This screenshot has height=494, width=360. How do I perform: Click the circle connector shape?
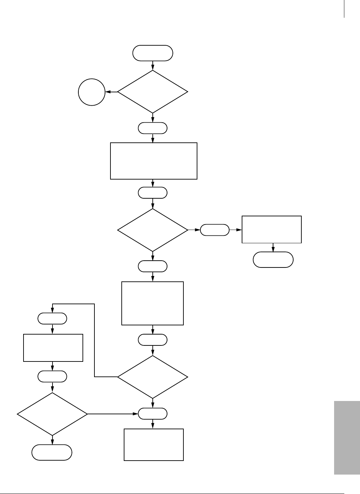click(92, 92)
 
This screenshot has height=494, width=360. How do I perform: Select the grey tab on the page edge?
click(347, 437)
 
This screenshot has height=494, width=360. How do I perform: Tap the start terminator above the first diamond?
click(153, 53)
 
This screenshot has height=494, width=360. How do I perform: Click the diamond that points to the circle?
click(153, 92)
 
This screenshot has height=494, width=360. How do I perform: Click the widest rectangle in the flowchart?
click(154, 161)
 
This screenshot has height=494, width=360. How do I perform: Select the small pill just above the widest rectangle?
click(153, 128)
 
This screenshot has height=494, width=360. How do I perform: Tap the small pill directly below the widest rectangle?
click(153, 193)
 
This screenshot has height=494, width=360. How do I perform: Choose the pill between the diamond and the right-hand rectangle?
click(214, 230)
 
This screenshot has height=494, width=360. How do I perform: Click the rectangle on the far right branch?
click(271, 229)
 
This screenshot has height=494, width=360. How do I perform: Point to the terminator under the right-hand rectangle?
click(273, 260)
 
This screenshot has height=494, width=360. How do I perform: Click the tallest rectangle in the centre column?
click(153, 303)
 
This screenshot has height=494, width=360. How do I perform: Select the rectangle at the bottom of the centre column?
click(154, 445)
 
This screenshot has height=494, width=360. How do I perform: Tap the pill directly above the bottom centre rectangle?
click(153, 414)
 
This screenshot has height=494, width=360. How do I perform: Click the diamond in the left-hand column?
click(52, 414)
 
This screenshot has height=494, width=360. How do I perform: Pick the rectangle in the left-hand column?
click(53, 348)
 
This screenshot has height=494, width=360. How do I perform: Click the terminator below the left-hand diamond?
click(52, 452)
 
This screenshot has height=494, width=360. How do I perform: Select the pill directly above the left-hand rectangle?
click(52, 319)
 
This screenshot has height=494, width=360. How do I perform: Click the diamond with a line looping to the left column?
click(153, 377)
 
